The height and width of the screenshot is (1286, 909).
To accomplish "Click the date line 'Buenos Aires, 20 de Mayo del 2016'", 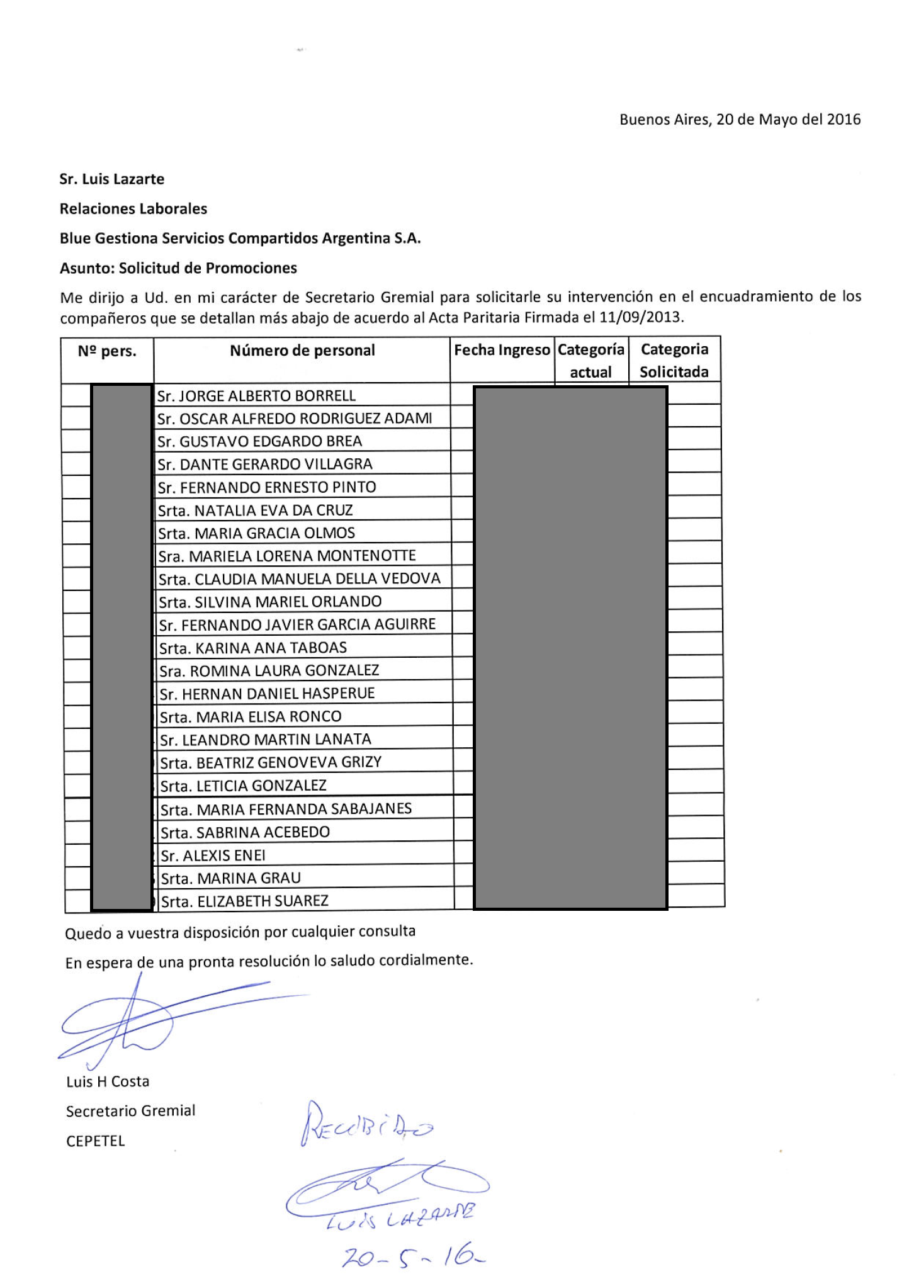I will click(x=740, y=120).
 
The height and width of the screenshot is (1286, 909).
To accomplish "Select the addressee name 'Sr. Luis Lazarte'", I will click(x=112, y=179).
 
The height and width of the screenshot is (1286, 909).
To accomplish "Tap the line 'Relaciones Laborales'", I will click(x=133, y=209).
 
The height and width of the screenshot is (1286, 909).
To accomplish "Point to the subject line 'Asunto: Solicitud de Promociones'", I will click(x=178, y=268).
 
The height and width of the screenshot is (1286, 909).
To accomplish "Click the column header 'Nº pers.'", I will click(x=107, y=351).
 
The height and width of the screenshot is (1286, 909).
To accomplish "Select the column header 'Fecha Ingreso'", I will click(x=502, y=351).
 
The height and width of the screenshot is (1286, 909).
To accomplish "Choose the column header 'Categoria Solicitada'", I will click(x=674, y=361).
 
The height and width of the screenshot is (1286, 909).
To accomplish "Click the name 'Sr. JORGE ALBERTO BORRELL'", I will click(x=256, y=396).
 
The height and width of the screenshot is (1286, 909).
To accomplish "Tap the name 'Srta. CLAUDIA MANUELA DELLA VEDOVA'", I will click(x=299, y=579).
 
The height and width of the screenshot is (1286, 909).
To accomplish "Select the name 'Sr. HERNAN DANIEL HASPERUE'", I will click(x=267, y=694).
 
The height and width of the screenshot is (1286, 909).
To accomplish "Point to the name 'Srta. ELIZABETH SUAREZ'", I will click(x=245, y=901).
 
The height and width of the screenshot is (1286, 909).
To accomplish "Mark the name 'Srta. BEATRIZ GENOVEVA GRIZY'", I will click(x=271, y=763).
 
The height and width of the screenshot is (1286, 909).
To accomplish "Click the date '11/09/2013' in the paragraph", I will click(x=640, y=317).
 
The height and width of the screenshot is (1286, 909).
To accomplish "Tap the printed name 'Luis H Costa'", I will click(x=108, y=1082).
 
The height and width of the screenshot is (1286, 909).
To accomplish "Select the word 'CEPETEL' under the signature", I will click(x=96, y=1141).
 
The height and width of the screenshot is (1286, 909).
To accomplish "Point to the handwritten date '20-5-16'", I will click(x=413, y=1258).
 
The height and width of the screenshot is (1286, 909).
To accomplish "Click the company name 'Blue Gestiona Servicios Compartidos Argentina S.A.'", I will click(x=240, y=239).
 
